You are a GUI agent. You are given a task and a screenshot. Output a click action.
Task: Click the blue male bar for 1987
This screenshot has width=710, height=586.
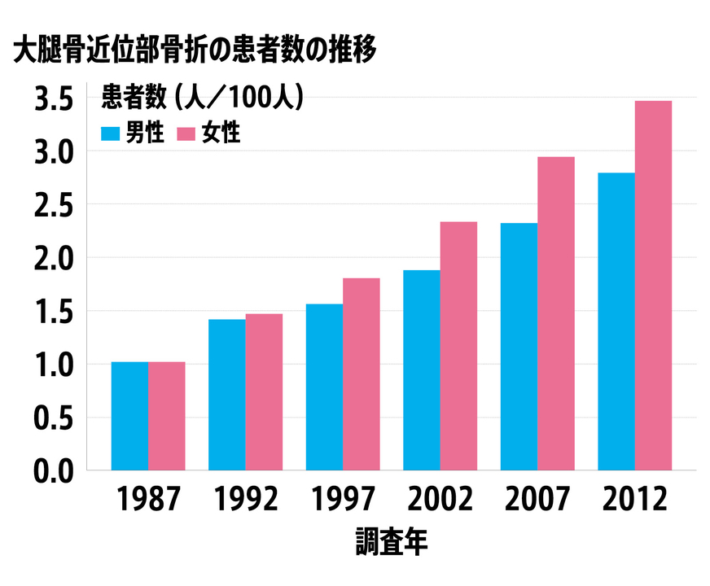(x=129, y=416)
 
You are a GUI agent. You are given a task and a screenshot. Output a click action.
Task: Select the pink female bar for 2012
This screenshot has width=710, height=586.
(x=653, y=286)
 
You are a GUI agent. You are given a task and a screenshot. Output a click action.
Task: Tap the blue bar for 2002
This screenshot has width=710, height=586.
(x=421, y=370)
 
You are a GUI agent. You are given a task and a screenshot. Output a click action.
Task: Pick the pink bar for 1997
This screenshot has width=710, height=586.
(x=361, y=374)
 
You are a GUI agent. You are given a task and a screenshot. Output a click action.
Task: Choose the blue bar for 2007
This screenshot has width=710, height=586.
(x=519, y=347)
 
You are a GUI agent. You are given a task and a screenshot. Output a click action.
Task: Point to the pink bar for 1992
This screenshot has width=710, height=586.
(x=264, y=392)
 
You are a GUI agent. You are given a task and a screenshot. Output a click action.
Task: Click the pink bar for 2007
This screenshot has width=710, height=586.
(x=555, y=313)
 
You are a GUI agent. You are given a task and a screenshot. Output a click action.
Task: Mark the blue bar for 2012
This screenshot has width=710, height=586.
(x=616, y=321)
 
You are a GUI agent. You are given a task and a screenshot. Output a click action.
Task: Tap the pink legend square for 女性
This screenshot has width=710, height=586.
(x=186, y=133)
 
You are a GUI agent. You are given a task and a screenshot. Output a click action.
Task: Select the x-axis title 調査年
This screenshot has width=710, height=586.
(x=391, y=543)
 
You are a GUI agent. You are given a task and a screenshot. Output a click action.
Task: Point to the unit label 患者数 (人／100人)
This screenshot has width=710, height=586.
(x=203, y=98)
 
